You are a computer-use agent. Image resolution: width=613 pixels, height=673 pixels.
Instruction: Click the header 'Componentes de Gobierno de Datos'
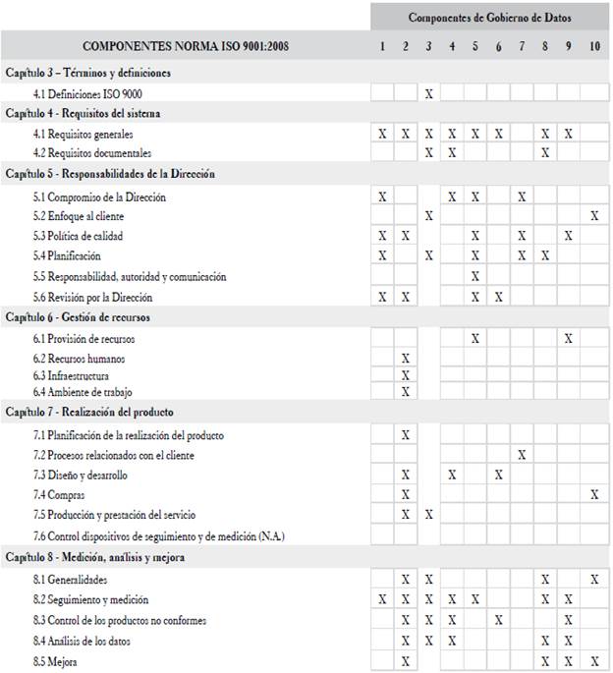pyautogui.click(x=488, y=18)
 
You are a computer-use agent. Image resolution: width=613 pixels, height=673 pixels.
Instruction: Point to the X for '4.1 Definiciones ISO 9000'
pyautogui.click(x=428, y=93)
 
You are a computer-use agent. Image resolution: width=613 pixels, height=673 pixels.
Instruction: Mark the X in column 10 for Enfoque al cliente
pyautogui.click(x=594, y=216)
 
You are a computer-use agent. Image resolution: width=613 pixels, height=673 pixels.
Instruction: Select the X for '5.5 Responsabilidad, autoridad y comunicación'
pyautogui.click(x=475, y=277)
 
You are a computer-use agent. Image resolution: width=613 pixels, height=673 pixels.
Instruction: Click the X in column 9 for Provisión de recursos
pyautogui.click(x=568, y=338)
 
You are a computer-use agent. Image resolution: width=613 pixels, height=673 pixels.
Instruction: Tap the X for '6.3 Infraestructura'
pyautogui.click(x=405, y=376)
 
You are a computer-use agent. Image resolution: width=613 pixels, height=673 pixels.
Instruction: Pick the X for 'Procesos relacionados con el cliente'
pyautogui.click(x=522, y=455)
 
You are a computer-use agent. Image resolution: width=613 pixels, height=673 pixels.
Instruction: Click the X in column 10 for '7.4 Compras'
pyautogui.click(x=594, y=495)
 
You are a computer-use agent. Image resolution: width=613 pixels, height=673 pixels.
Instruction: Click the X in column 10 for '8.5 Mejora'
pyautogui.click(x=594, y=661)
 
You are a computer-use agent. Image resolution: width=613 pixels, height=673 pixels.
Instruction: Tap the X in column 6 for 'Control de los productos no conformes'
pyautogui.click(x=499, y=620)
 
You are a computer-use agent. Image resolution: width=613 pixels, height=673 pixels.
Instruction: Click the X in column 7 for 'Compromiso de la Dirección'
pyautogui.click(x=522, y=196)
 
